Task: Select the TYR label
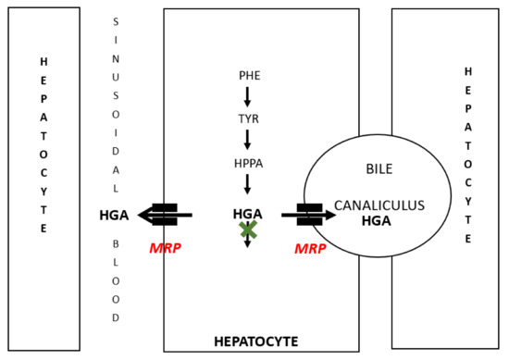point(248,119)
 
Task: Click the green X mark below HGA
point(248,230)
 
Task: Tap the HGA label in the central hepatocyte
point(248,214)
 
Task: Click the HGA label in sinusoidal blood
point(115,216)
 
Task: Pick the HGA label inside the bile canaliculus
point(376,221)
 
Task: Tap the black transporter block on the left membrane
point(165,215)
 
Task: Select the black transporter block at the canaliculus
point(308,215)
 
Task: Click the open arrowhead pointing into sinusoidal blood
point(146,216)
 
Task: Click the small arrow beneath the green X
point(248,247)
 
